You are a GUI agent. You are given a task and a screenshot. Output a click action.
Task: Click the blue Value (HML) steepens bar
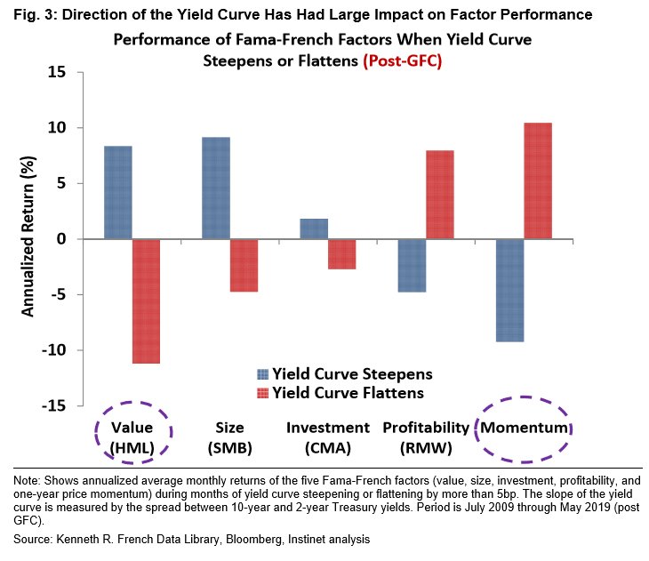point(118,192)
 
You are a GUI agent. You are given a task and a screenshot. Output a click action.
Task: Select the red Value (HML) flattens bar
point(146,301)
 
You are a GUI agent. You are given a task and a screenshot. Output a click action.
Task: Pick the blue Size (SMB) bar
point(216,188)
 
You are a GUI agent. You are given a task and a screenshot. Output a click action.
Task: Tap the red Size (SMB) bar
point(244,265)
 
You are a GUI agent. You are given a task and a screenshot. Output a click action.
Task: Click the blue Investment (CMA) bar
point(314,228)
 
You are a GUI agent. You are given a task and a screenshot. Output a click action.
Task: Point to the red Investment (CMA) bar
point(341,253)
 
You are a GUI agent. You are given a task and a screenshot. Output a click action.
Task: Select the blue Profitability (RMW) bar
point(412,265)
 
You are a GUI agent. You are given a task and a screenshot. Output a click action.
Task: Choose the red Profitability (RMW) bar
point(439,195)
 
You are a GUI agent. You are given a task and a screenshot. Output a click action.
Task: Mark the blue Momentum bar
point(509,290)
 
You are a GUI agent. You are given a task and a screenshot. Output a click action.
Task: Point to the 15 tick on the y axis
point(57,73)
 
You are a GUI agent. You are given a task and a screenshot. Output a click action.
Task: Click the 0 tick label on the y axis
point(61,239)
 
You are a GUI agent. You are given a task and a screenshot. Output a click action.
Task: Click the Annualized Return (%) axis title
point(28,238)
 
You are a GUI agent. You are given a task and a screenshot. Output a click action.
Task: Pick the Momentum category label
point(524,429)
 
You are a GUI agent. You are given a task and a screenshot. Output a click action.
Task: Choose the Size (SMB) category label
point(229,437)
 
